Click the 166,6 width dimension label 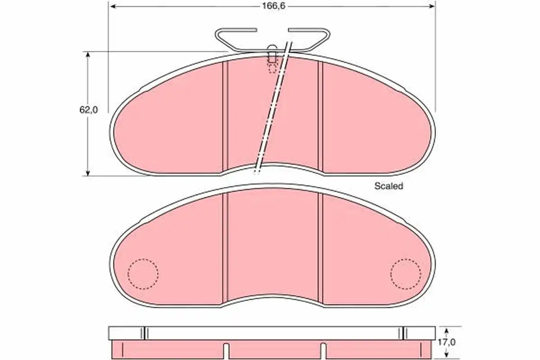point(274,6)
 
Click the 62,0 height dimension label point(89,110)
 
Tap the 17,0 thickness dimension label point(447,342)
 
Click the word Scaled point(389,186)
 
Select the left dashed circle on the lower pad point(143,274)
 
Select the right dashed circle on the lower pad point(406,274)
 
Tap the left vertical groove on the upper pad point(225,116)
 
